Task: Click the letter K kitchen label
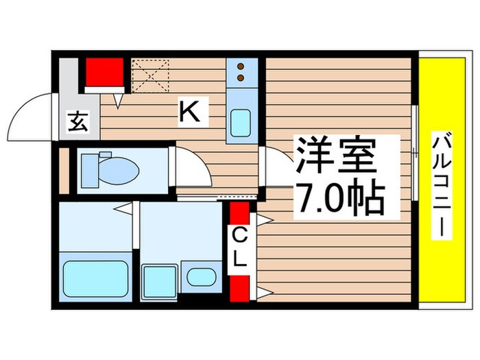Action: [x=189, y=111]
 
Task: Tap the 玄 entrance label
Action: [x=78, y=121]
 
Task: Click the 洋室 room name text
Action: [x=336, y=156]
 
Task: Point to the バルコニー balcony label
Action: [x=442, y=184]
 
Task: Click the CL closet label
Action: [x=240, y=250]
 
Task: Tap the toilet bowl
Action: [x=119, y=171]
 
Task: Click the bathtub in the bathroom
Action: [x=95, y=278]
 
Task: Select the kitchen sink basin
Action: [x=241, y=123]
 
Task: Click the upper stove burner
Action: [x=241, y=66]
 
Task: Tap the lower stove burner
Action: [x=241, y=77]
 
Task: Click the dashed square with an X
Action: [x=150, y=76]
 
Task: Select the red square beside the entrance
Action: [x=104, y=72]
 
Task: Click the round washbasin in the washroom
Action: [x=201, y=277]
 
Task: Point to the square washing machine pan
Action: [x=160, y=282]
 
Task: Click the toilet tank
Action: [x=90, y=171]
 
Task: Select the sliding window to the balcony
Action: [x=415, y=153]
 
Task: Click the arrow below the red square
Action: [x=118, y=101]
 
